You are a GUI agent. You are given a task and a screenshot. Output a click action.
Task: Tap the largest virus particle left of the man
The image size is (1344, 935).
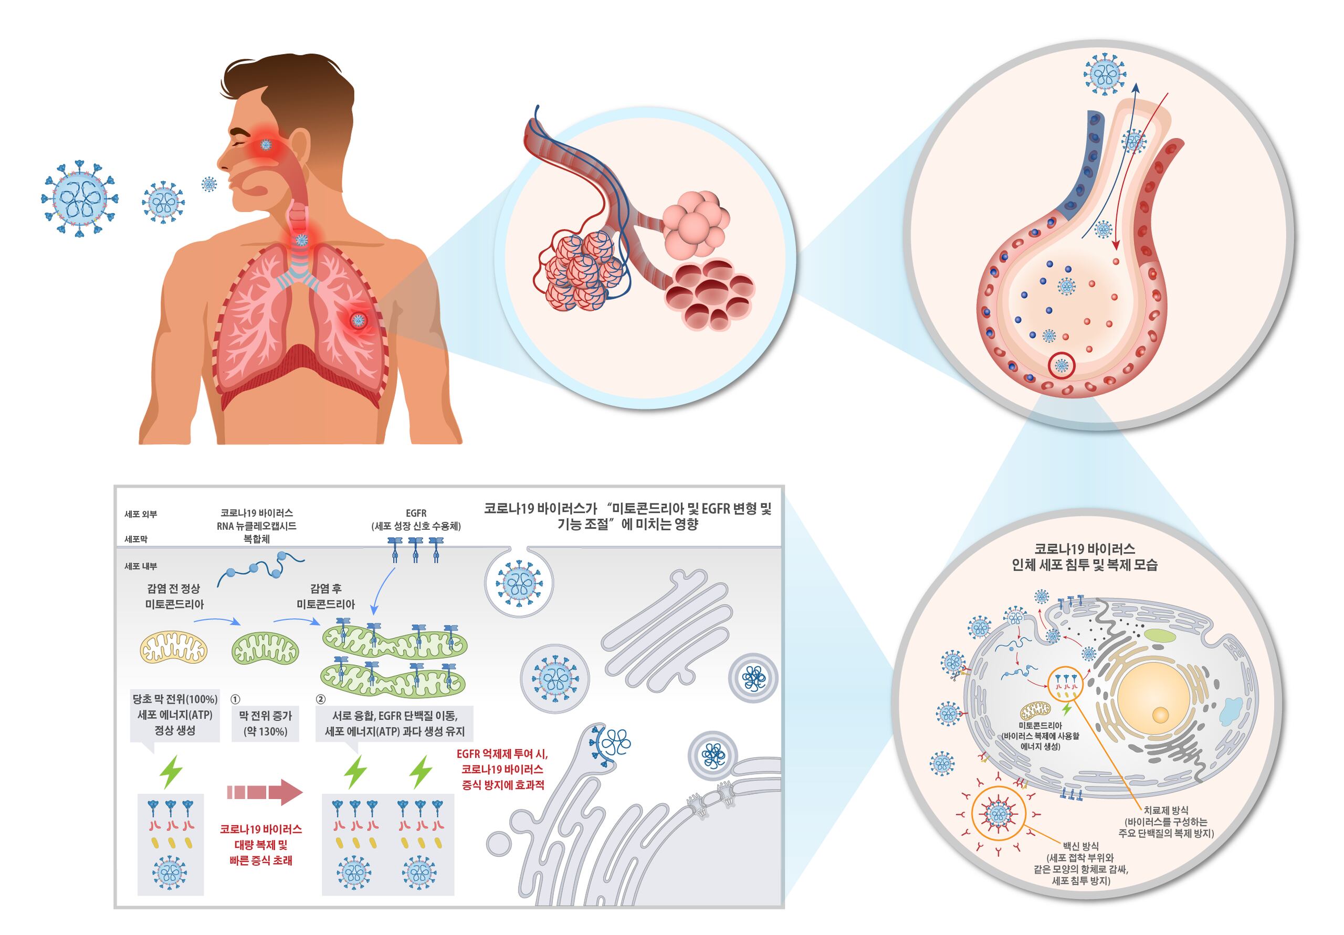[x=80, y=198]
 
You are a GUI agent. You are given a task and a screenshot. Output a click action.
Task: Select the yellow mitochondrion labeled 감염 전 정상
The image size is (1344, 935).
[x=173, y=649]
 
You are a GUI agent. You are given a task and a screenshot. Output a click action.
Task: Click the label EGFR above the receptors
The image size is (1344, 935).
[x=416, y=513]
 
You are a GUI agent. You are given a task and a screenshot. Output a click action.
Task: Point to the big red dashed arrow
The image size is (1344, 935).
[x=265, y=793]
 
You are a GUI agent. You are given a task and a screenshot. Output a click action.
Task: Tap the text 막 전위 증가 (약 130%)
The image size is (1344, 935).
[x=265, y=723]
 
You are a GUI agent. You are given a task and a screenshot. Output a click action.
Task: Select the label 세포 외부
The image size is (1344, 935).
[x=141, y=514]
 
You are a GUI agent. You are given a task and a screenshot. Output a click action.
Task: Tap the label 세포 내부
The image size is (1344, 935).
[x=141, y=566]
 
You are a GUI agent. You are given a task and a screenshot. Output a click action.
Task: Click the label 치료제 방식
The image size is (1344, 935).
[x=1166, y=810]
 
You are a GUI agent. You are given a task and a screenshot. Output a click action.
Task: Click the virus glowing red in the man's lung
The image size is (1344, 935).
[x=358, y=320]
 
